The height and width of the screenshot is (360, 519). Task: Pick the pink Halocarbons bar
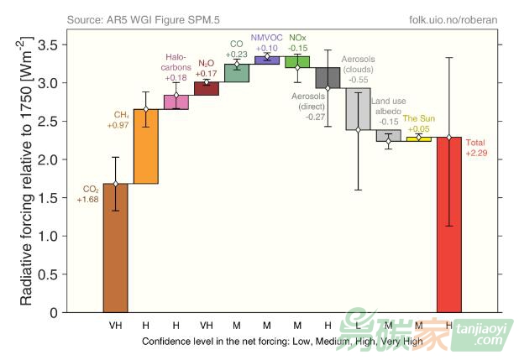(x=176, y=102)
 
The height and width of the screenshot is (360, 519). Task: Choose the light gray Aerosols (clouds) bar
(x=358, y=108)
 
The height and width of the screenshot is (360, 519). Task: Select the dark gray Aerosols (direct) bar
(x=328, y=78)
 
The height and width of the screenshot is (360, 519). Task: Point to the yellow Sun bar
(x=418, y=139)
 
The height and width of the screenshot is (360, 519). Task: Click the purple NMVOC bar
(x=267, y=60)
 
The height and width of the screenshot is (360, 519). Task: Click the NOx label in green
(x=297, y=39)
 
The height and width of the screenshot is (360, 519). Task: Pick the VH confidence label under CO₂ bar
(x=115, y=324)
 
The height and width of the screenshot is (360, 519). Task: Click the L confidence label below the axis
(x=358, y=324)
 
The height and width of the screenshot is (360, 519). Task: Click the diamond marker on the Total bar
(x=449, y=137)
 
